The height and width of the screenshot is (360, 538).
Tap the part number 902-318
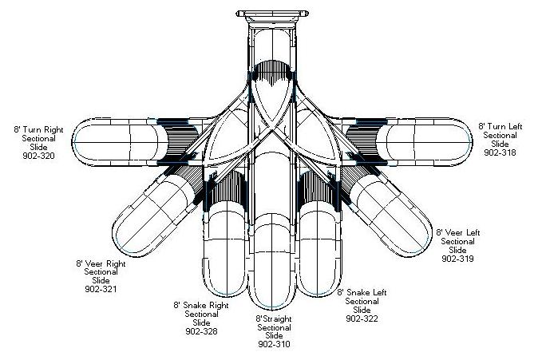[x=501, y=152]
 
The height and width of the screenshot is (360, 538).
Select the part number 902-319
[x=457, y=259]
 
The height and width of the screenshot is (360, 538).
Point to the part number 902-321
[x=100, y=289]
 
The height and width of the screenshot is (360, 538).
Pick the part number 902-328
[x=201, y=330]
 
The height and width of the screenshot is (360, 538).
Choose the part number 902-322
[x=362, y=318]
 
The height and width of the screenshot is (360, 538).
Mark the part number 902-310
[x=274, y=344]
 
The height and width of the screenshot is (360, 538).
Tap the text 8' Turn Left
[x=501, y=126]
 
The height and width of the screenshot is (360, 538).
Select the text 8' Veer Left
[x=457, y=232]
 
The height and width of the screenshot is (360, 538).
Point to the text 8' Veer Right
[x=101, y=263]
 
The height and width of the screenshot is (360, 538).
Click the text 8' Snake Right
[x=201, y=304]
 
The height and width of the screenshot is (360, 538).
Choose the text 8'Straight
[x=273, y=318]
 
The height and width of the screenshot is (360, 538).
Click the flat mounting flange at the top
[x=272, y=13]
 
